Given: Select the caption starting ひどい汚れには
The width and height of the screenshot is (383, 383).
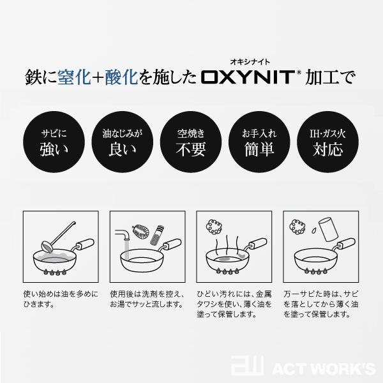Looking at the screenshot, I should (x=236, y=304).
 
